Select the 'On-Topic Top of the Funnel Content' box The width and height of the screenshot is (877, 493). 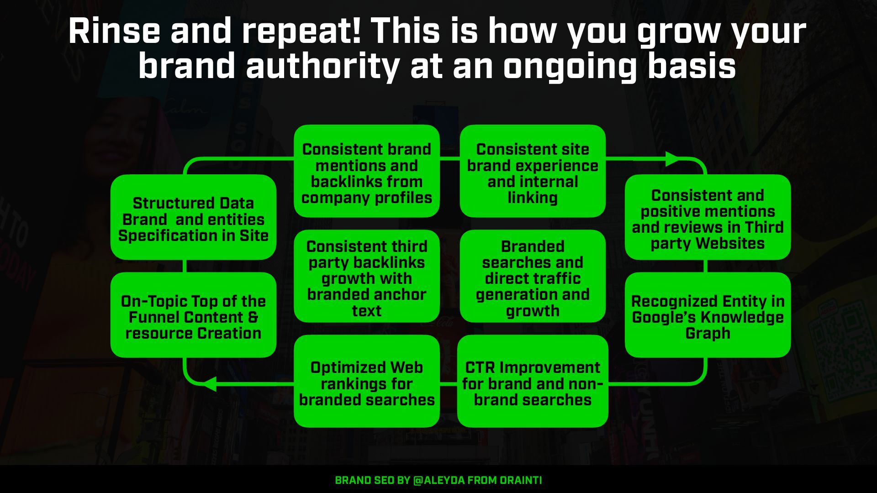(193, 317)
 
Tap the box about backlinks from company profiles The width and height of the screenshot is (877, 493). (366, 173)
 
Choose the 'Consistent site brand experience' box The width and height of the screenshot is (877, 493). (533, 173)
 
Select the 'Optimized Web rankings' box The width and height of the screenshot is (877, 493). (366, 383)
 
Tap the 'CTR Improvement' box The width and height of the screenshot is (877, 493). (533, 383)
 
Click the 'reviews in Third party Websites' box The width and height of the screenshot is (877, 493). (708, 219)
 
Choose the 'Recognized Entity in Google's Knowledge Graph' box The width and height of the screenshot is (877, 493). (708, 317)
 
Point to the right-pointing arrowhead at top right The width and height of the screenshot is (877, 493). (673, 159)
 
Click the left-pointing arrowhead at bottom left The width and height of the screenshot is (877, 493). (209, 384)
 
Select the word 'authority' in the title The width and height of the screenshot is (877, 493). (322, 66)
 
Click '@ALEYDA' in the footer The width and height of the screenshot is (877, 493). (438, 480)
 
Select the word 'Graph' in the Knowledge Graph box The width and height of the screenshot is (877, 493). (708, 333)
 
